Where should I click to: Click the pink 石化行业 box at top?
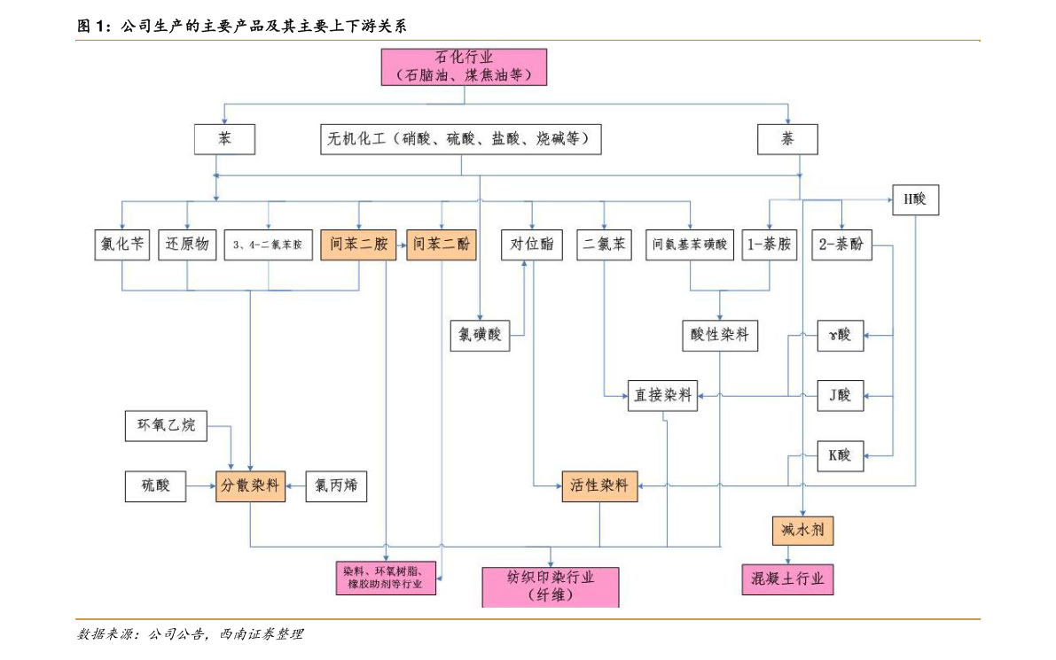pyautogui.click(x=464, y=66)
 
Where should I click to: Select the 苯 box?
pyautogui.click(x=224, y=139)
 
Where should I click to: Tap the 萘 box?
pyautogui.click(x=787, y=139)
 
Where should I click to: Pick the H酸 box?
pyautogui.click(x=914, y=200)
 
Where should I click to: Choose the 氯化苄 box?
pyautogui.click(x=122, y=245)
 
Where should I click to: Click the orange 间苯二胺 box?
pyautogui.click(x=358, y=245)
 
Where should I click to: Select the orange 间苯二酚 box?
pyautogui.click(x=442, y=245)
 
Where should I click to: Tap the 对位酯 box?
pyautogui.click(x=532, y=245)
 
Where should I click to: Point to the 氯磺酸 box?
pyautogui.click(x=480, y=335)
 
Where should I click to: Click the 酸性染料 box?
pyautogui.click(x=720, y=335)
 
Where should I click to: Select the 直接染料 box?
pyautogui.click(x=662, y=396)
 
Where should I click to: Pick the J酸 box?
pyautogui.click(x=840, y=395)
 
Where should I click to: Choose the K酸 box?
pyautogui.click(x=840, y=455)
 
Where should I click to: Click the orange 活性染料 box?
pyautogui.click(x=599, y=485)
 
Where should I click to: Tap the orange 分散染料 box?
pyautogui.click(x=251, y=485)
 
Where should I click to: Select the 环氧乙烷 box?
pyautogui.click(x=166, y=426)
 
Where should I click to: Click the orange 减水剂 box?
pyautogui.click(x=802, y=531)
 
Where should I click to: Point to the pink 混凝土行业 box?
pyautogui.click(x=787, y=579)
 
